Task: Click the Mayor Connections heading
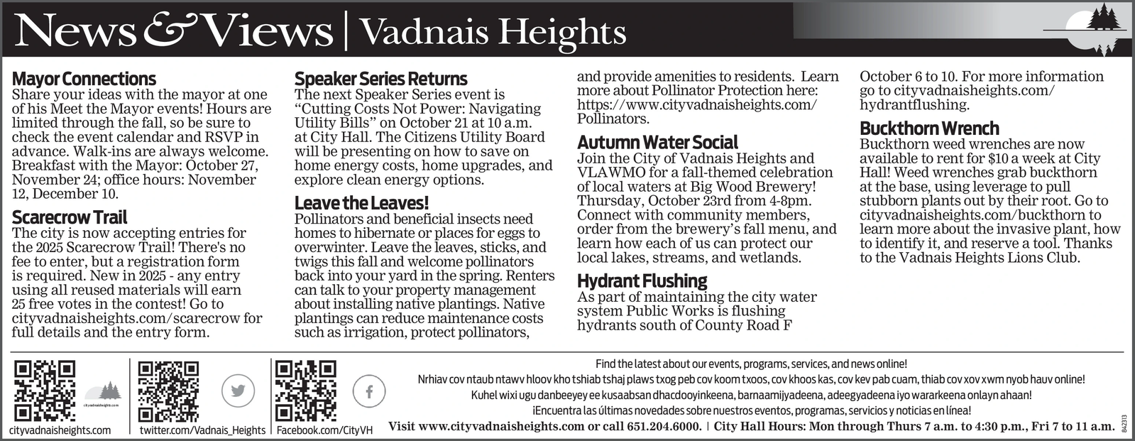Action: click(84, 78)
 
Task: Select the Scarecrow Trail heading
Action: click(70, 217)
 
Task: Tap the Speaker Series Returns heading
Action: click(380, 78)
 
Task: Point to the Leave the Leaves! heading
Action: click(361, 203)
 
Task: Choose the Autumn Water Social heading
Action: click(657, 142)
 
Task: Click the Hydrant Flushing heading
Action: click(642, 281)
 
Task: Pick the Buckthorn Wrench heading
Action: click(929, 128)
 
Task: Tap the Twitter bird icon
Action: click(238, 391)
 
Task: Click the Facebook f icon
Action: click(369, 391)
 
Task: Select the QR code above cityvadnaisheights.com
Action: click(45, 391)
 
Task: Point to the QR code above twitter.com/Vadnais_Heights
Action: click(168, 391)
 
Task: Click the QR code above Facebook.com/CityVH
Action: click(305, 391)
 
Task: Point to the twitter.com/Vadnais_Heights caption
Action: click(202, 430)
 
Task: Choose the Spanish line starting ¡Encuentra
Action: click(751, 410)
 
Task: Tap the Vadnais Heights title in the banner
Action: click(493, 32)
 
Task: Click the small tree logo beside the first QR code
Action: click(104, 392)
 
